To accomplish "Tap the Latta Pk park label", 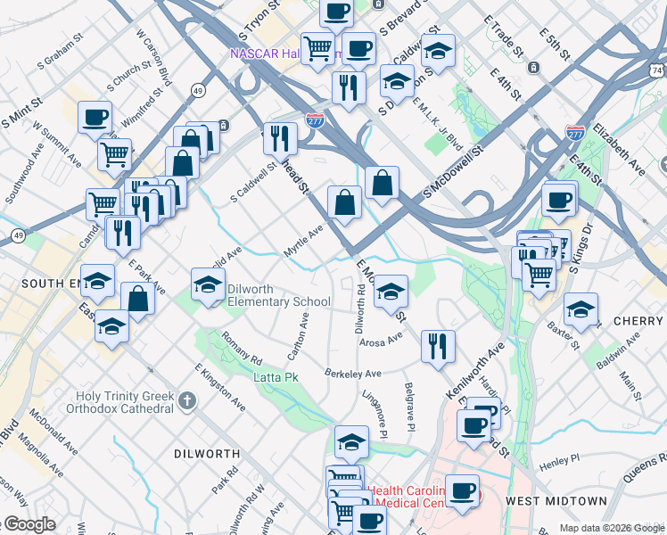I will tap(276, 377).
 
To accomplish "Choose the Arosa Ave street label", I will tap(381, 339).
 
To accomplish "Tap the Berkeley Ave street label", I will tap(353, 374).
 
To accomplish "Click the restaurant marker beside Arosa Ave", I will tap(437, 345).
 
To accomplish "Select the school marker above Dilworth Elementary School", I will tap(208, 284).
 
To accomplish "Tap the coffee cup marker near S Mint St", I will tap(95, 117).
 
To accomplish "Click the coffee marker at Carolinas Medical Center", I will tap(461, 491).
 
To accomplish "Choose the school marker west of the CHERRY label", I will tap(581, 309).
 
